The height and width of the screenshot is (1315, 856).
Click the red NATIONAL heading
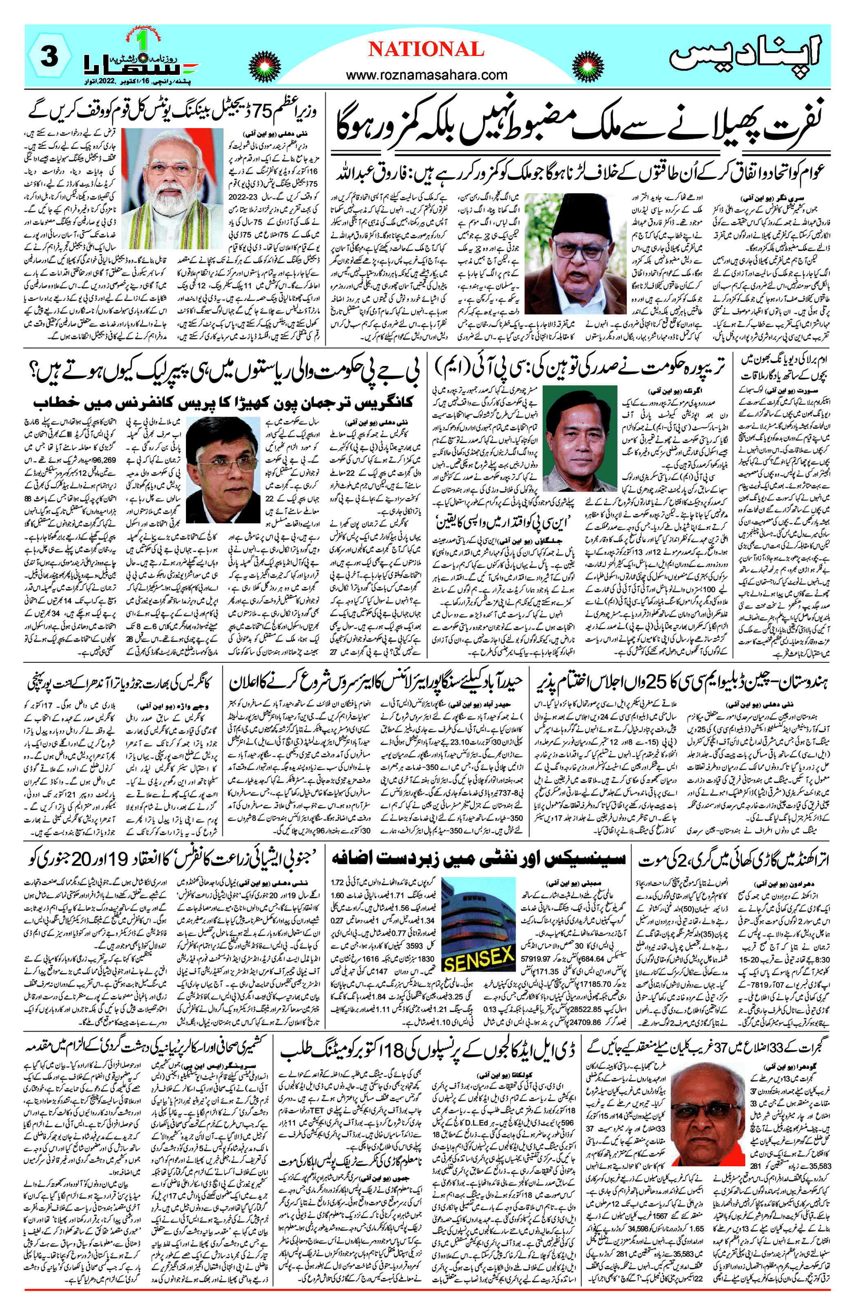426,50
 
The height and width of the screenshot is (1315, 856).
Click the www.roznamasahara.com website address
426,74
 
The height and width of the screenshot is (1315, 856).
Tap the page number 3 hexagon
50,56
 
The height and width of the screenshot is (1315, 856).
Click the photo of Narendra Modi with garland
179,189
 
